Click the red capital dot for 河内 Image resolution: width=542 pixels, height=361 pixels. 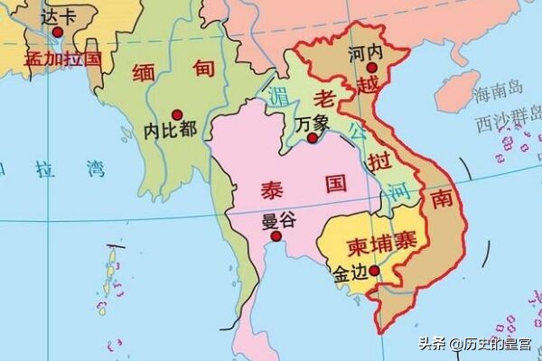click(x=371, y=66)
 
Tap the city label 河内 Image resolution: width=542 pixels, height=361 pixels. click(x=366, y=51)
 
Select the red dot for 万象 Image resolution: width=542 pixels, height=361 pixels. click(x=312, y=139)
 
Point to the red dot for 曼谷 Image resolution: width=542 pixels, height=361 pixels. click(x=276, y=236)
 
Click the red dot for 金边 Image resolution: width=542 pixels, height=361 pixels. click(x=372, y=269)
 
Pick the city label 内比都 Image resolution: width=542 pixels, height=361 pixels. click(x=170, y=129)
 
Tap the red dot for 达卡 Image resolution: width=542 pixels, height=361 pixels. click(x=57, y=32)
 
